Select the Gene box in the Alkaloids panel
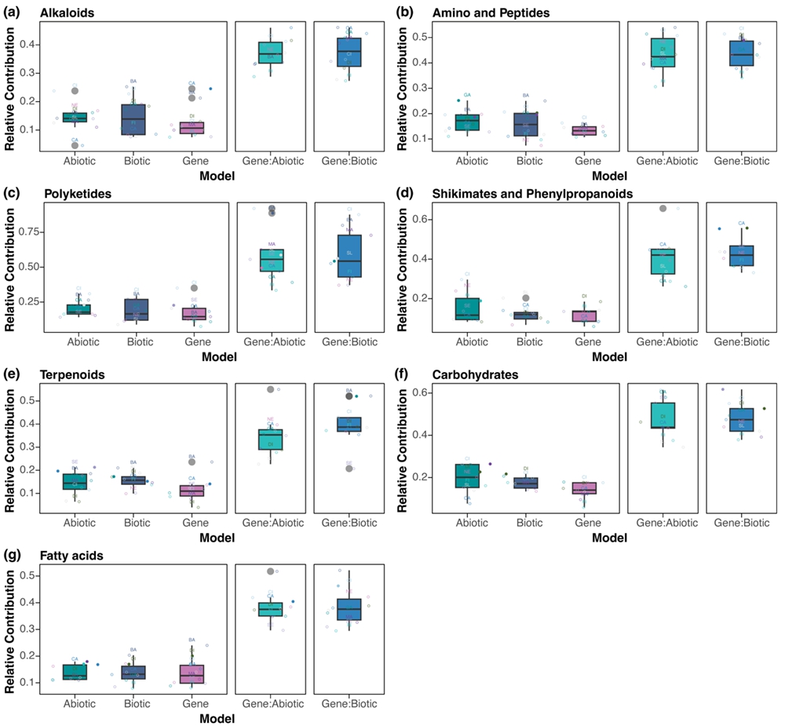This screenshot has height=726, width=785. click(192, 127)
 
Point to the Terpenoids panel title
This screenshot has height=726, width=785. click(70, 374)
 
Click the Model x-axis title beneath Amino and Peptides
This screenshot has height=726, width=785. click(604, 177)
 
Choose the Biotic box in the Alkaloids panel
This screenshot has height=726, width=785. click(133, 119)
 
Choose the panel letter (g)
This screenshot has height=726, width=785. click(13, 555)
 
